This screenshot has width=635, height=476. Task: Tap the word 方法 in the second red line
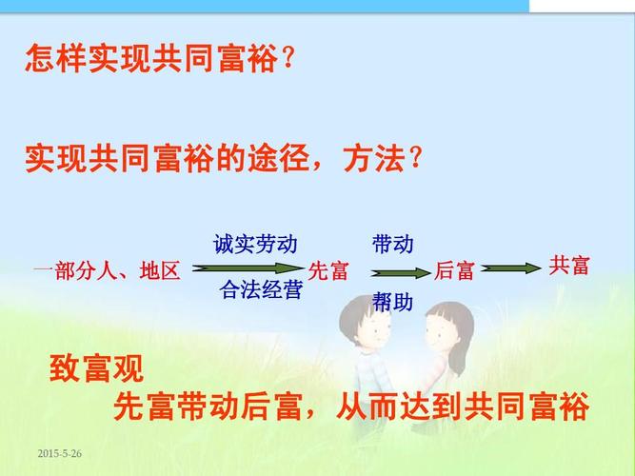(372, 157)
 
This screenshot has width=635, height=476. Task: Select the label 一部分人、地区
(106, 271)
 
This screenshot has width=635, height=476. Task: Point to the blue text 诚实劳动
(255, 245)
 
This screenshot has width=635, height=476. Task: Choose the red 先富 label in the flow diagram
(328, 271)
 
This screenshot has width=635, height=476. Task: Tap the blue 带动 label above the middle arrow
(392, 245)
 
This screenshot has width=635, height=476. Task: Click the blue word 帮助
(392, 303)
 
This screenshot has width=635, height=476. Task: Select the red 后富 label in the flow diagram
(454, 271)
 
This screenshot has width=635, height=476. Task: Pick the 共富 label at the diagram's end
(569, 266)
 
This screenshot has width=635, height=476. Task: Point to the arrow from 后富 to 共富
(512, 269)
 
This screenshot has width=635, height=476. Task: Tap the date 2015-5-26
(59, 454)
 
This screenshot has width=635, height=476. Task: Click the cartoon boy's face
(367, 327)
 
